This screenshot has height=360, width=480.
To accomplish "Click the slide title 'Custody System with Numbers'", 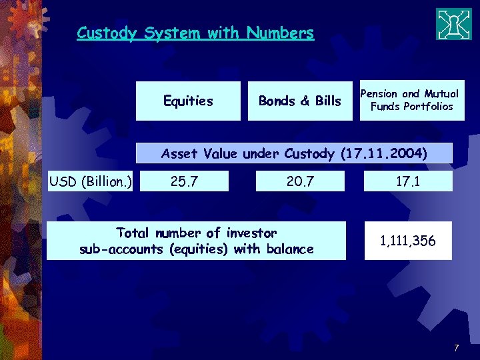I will pos(195,33).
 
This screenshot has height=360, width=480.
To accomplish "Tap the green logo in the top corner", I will pos(453,24).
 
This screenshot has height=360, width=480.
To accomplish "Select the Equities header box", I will pos(188,101).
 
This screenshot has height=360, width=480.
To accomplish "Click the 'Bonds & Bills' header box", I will pos(299,101).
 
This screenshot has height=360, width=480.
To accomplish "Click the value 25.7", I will pos(184,181).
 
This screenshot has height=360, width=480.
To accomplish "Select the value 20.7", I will pos(300,181).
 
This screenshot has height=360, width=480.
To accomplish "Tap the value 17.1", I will pos(407,181).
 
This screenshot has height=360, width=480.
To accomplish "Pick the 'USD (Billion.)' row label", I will pos(91,181).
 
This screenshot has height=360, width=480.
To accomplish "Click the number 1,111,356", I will pos(407,241).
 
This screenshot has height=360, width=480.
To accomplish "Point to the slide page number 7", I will pos(456,348).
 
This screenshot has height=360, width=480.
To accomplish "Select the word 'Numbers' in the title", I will pos(280,33).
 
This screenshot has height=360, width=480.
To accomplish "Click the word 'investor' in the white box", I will pos(251,233).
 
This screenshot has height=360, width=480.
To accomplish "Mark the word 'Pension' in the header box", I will pos(378,94).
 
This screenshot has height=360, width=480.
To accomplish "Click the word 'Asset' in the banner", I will pos(180,154).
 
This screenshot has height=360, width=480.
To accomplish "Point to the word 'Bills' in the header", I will pos(328,101).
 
